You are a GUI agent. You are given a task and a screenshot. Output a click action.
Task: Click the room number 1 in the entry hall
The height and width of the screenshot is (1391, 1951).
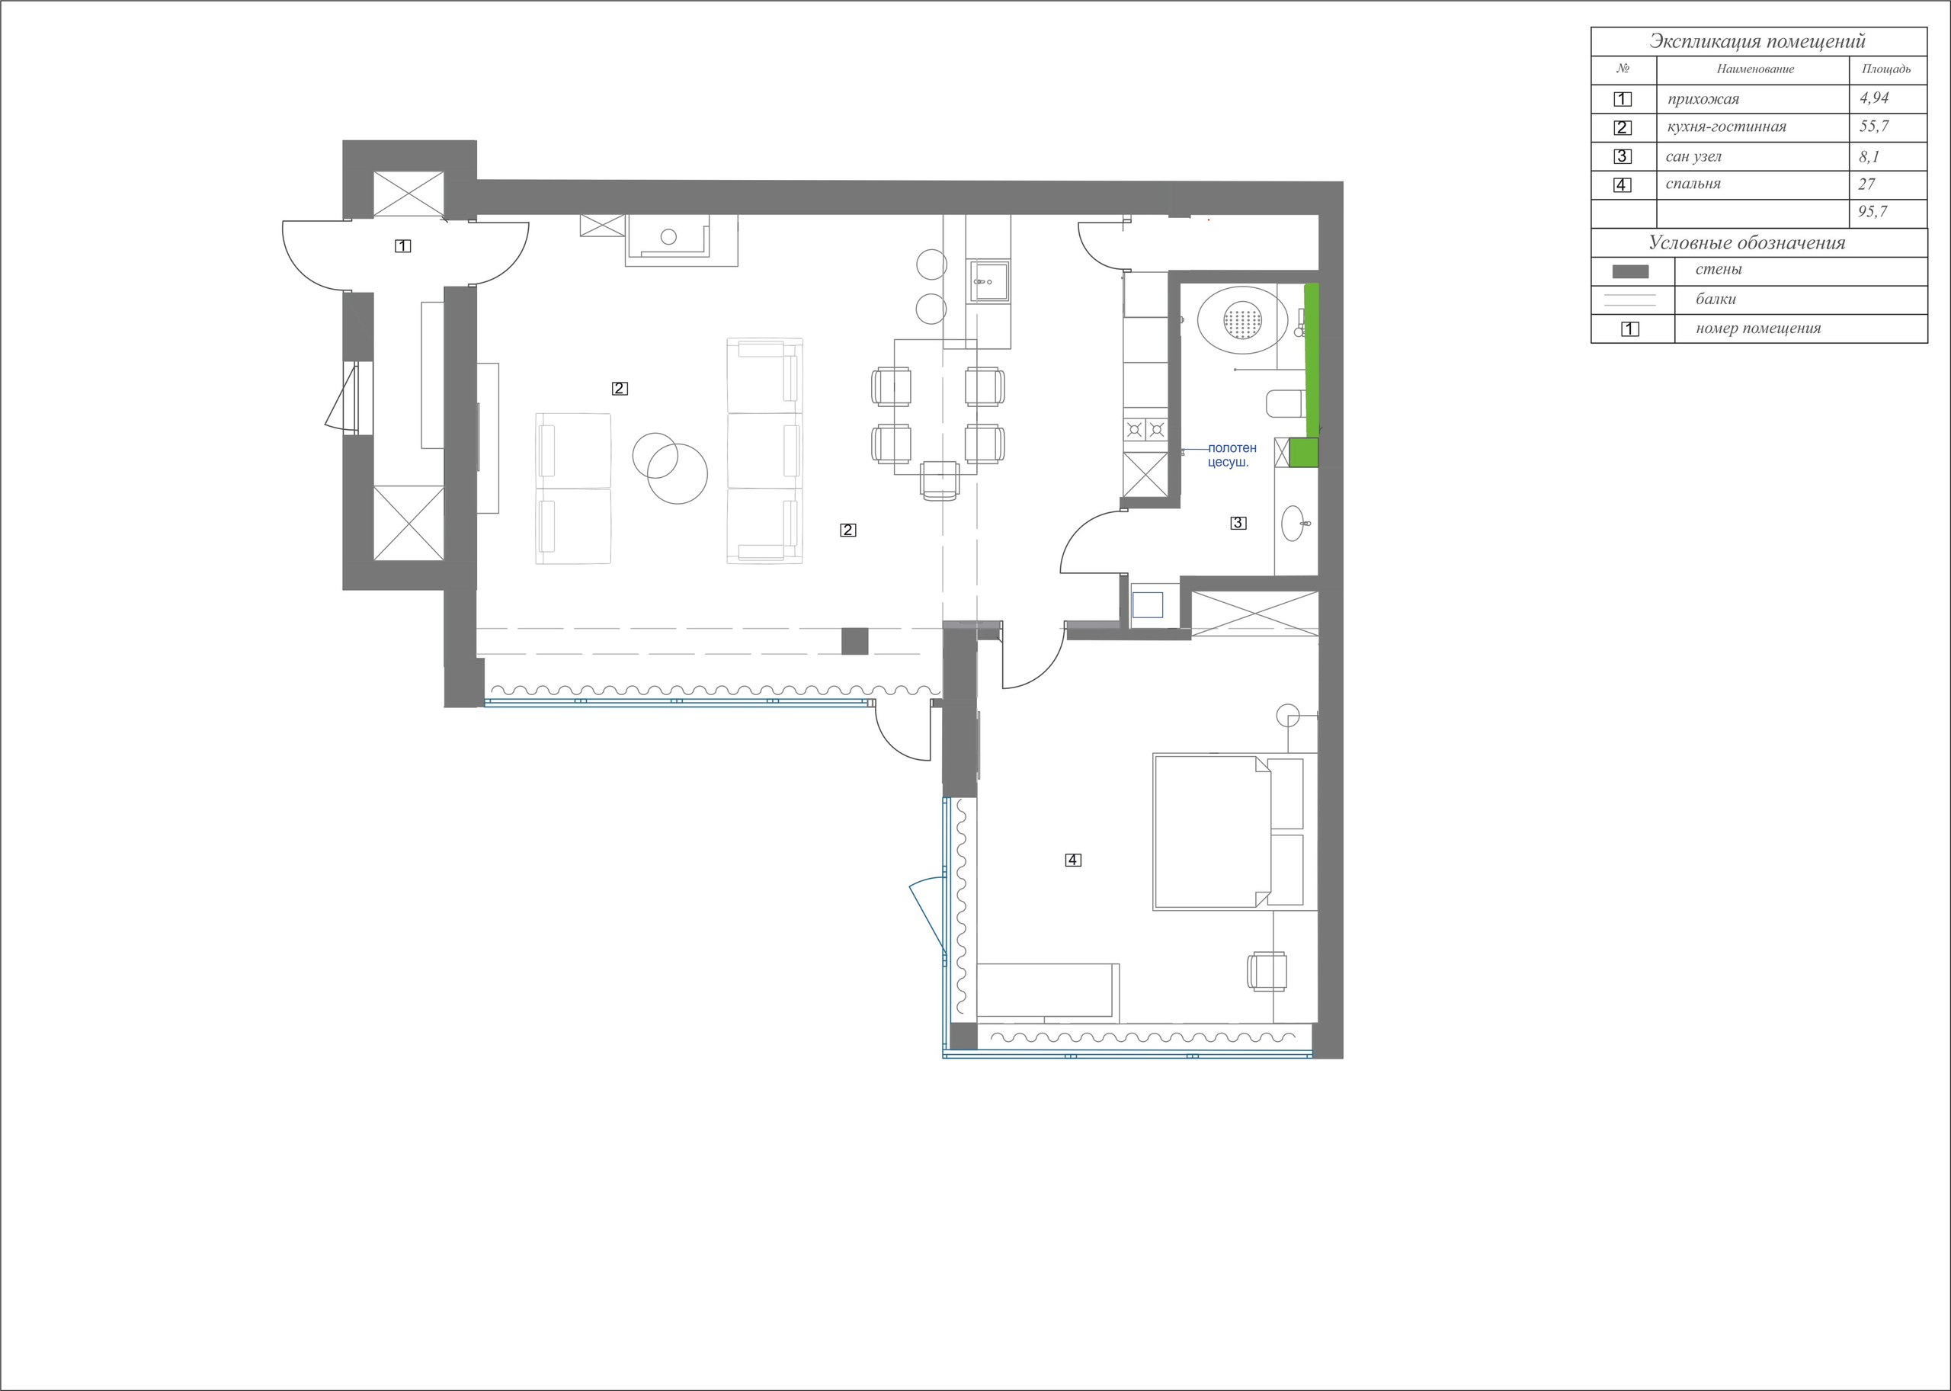click(402, 246)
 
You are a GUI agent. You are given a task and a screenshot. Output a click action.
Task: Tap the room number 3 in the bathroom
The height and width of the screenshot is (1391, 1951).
click(1238, 522)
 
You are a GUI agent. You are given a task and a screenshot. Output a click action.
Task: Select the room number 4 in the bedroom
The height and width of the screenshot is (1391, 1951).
click(1073, 860)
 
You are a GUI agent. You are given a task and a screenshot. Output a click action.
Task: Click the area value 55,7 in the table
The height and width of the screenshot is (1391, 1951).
click(1874, 127)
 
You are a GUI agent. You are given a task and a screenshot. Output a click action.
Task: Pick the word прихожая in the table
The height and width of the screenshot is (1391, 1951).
click(1703, 99)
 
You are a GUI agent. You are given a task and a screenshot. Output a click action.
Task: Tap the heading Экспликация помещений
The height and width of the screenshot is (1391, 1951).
click(1757, 41)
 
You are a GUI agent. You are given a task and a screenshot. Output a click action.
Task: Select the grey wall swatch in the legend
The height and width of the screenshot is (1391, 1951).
click(1630, 271)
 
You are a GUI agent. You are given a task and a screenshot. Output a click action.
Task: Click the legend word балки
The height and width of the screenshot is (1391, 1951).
click(1716, 300)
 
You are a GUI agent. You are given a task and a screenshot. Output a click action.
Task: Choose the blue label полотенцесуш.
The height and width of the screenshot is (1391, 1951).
click(1232, 455)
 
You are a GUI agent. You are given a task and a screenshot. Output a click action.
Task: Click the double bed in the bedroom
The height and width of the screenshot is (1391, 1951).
click(1225, 831)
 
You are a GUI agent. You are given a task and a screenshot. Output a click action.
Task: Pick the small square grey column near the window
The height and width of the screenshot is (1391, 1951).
click(854, 641)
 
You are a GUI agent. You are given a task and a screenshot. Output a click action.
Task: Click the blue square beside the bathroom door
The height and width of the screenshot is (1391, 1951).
click(1147, 604)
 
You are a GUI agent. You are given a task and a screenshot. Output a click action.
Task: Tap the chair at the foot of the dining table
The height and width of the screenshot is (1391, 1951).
click(940, 479)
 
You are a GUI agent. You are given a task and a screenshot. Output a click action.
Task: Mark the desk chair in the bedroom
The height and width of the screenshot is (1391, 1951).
click(1267, 971)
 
